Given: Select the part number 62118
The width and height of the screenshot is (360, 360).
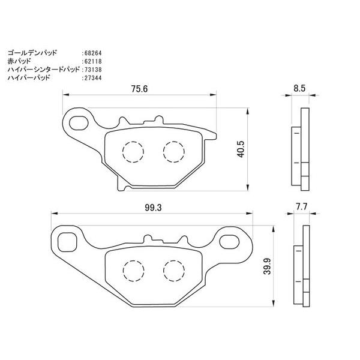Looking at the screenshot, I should click(x=91, y=61).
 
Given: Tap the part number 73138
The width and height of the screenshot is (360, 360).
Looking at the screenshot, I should click(x=91, y=70).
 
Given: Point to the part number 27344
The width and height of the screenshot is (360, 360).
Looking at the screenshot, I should click(x=91, y=77).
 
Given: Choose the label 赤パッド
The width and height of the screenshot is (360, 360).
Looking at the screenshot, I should click(x=18, y=61).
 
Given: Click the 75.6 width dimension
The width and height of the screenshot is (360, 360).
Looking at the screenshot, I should click(x=139, y=88).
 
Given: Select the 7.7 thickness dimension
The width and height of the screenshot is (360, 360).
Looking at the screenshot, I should click(x=301, y=206).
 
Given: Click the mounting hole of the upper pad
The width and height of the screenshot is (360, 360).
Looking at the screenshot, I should click(x=79, y=122).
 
